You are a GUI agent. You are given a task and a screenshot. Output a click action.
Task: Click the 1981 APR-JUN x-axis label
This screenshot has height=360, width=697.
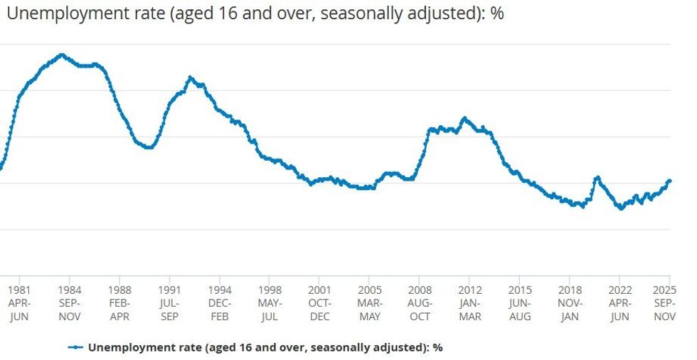point(19,303)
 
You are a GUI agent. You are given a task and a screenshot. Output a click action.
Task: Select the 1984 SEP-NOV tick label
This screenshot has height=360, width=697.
point(70,303)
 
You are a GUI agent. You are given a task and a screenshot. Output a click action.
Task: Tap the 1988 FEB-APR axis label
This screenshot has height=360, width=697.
point(119,303)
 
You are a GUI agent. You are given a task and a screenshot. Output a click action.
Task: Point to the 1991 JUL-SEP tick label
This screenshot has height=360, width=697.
point(169,303)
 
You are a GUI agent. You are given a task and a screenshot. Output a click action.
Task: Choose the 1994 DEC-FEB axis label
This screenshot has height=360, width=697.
point(220,303)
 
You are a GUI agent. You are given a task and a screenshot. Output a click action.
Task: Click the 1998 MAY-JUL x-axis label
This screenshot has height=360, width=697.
point(270,303)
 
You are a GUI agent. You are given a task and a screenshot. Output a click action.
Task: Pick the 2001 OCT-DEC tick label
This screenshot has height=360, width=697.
point(319,303)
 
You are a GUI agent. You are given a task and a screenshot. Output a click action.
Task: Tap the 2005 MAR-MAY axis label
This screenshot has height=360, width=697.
point(370,303)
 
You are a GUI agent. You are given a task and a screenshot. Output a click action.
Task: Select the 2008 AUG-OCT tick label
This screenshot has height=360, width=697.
point(420,303)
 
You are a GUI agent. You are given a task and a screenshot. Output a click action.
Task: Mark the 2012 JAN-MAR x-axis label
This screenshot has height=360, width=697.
point(469,303)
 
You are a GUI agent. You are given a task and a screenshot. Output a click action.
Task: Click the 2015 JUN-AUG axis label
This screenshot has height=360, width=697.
point(520,303)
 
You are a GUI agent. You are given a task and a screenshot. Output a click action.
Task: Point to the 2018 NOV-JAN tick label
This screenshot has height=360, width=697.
point(570,303)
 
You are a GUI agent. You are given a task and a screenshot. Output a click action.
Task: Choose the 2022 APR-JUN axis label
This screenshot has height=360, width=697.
point(619,303)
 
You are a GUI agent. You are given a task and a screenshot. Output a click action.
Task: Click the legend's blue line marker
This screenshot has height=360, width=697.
point(76,347)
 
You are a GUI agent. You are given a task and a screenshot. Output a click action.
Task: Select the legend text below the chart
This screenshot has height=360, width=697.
point(265,347)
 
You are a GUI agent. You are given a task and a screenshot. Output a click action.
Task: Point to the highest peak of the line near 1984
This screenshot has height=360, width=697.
point(61,55)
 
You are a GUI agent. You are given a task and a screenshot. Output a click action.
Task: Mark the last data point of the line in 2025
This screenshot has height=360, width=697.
point(669,181)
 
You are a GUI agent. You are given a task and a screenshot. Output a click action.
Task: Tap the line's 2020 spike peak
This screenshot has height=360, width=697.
point(597,177)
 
